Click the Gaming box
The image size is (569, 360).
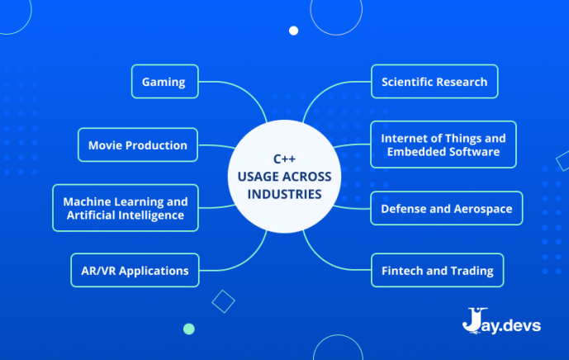click(x=164, y=81)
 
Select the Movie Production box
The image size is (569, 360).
click(x=138, y=144)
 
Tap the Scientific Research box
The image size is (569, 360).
click(x=434, y=81)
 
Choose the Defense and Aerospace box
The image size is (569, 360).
click(x=446, y=208)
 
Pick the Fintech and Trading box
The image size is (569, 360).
click(x=437, y=270)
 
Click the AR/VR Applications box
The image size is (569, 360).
click(x=135, y=270)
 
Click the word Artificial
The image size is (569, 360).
click(x=89, y=216)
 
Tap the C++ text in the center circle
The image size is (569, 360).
click(x=284, y=159)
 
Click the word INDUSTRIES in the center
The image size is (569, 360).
click(x=284, y=194)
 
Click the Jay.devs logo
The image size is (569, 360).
click(x=501, y=321)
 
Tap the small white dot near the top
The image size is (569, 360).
click(x=293, y=31)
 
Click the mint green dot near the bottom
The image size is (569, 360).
click(x=188, y=329)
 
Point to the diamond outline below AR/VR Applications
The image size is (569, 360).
click(x=223, y=301)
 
